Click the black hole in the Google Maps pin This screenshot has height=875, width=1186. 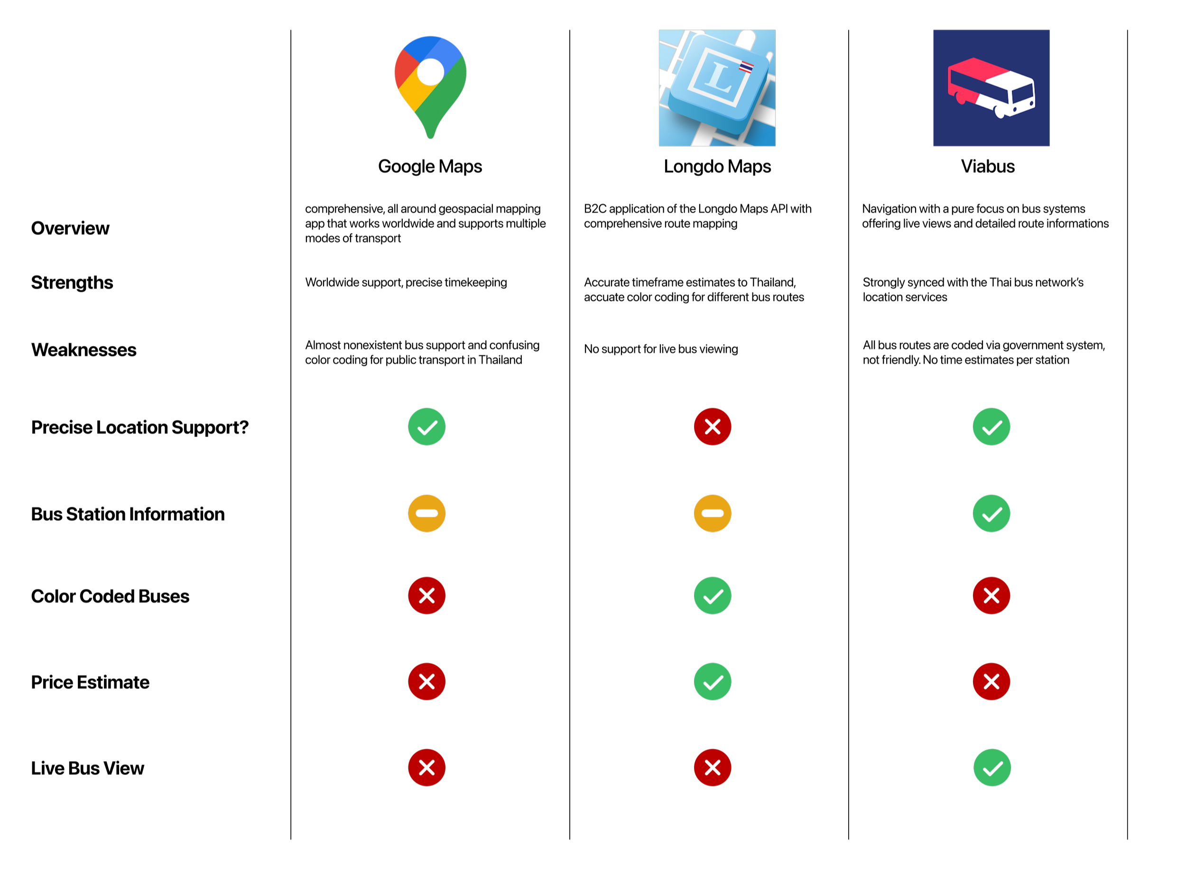[430, 72]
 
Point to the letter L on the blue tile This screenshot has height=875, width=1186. [719, 76]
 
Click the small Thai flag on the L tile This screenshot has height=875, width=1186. [746, 67]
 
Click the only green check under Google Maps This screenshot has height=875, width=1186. [427, 427]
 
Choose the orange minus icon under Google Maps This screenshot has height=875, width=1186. [427, 513]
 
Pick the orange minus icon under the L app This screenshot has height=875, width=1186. [713, 513]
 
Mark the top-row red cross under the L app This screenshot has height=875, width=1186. [713, 427]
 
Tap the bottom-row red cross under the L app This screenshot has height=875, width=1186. [713, 767]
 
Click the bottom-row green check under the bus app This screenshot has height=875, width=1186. [992, 767]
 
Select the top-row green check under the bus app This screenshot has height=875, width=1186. [991, 427]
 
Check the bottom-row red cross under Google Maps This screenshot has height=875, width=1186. [427, 767]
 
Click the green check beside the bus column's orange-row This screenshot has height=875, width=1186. [991, 513]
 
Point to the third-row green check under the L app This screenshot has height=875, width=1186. [713, 596]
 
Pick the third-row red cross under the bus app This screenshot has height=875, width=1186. [991, 596]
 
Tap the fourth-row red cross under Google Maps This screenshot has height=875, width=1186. [427, 682]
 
